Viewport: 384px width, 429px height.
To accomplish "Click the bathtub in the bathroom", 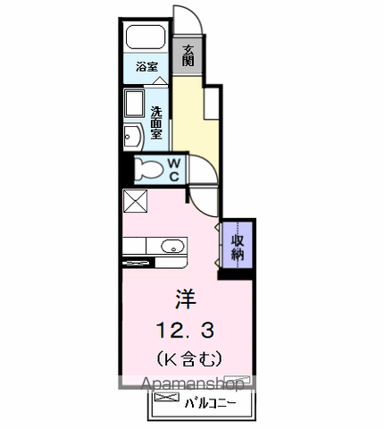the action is point(146,37).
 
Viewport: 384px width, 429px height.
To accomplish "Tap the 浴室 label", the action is point(146,66).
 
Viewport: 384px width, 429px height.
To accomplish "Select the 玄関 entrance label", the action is point(188,55).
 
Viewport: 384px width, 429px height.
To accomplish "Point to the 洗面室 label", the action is point(156,122).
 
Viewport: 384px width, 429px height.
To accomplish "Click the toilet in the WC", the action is point(148,170).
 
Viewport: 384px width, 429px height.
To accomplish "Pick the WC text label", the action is point(174,170).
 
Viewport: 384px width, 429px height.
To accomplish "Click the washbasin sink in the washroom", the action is point(133,137).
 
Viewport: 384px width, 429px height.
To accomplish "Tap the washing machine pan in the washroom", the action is point(134,104).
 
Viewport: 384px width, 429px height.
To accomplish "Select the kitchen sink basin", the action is point(172,246).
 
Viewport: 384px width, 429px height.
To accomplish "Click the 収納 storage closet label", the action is point(238,248).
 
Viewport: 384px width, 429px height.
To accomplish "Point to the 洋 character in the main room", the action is point(185,299).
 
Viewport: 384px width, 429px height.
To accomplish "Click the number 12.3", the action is point(185,330).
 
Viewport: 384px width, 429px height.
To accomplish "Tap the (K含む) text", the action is point(188,358).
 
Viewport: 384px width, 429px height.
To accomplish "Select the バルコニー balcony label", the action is point(210,404).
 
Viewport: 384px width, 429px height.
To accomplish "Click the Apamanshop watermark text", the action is point(193,383).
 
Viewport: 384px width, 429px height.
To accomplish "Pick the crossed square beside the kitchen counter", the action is point(135,201).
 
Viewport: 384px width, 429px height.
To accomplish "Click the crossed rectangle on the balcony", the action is point(167,397).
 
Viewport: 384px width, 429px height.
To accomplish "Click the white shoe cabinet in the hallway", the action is point(212,104).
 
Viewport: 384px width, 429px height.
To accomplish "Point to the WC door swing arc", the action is point(208,164).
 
